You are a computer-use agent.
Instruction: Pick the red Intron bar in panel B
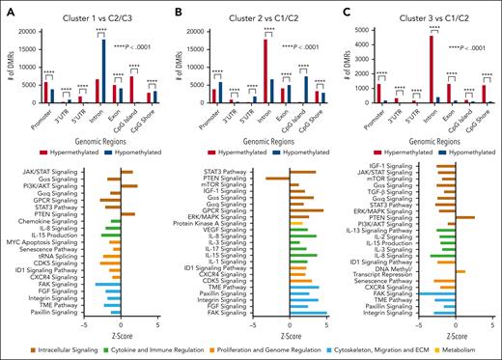pyautogui.click(x=265, y=69)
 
